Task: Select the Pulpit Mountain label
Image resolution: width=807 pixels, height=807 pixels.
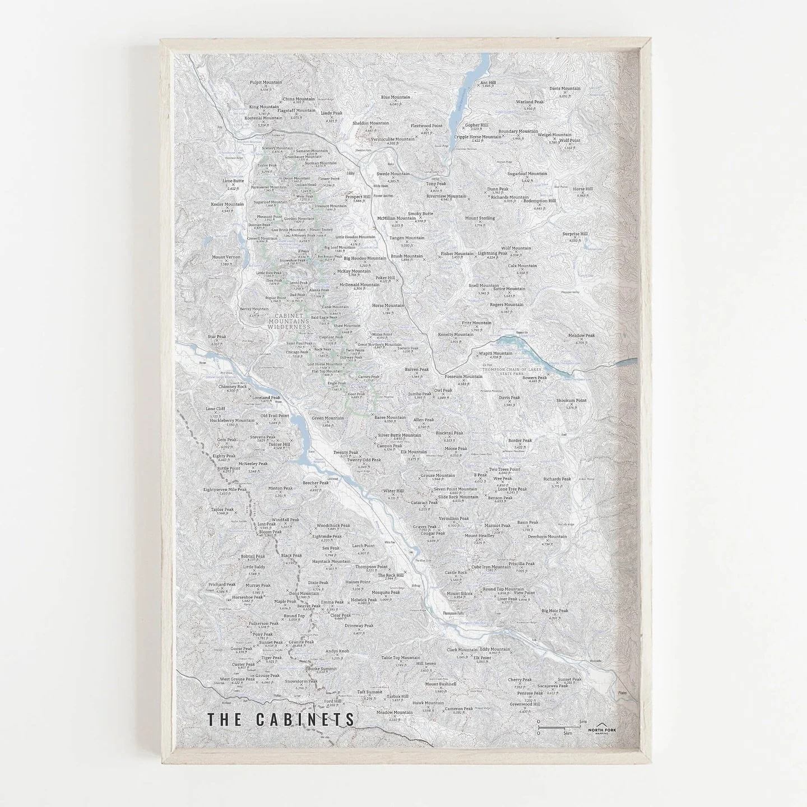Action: pyautogui.click(x=266, y=82)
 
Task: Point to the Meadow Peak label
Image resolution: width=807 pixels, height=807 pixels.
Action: pyautogui.click(x=581, y=336)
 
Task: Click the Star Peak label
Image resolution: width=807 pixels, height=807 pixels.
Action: pyautogui.click(x=217, y=337)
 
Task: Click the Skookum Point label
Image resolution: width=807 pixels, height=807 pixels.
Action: pyautogui.click(x=571, y=401)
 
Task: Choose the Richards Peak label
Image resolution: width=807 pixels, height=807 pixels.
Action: pyautogui.click(x=556, y=479)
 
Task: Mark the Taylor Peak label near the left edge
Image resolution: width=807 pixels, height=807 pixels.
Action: pyautogui.click(x=222, y=509)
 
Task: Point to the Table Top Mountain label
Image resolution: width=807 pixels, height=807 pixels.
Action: pyautogui.click(x=400, y=657)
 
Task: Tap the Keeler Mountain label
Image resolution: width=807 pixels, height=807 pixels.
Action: pyautogui.click(x=227, y=205)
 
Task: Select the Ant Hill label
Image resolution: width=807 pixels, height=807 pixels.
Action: pyautogui.click(x=488, y=82)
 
